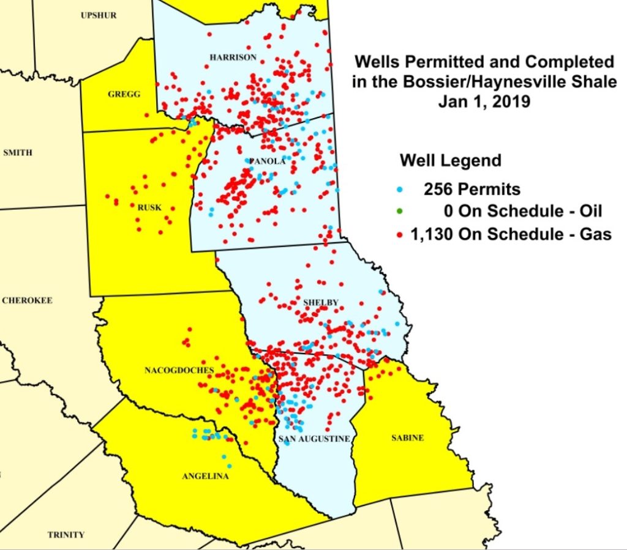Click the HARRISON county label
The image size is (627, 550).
[233, 57]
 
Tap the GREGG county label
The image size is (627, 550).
[124, 94]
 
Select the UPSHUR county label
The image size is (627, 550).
[99, 15]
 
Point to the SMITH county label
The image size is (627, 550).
[18, 152]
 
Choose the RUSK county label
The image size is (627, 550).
[149, 207]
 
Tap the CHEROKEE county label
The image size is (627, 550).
[27, 300]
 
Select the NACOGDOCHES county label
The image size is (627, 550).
[179, 370]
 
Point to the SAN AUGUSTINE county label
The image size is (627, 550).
[313, 439]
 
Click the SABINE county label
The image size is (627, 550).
[407, 438]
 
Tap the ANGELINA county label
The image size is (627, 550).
[205, 476]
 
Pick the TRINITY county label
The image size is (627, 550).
[66, 535]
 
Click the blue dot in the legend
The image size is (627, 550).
[400, 189]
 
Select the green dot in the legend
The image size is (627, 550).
[400, 212]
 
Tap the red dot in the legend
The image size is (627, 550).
[400, 234]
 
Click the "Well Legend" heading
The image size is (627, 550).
[450, 161]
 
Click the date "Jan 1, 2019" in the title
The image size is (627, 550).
[484, 102]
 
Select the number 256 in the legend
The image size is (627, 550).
[438, 189]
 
